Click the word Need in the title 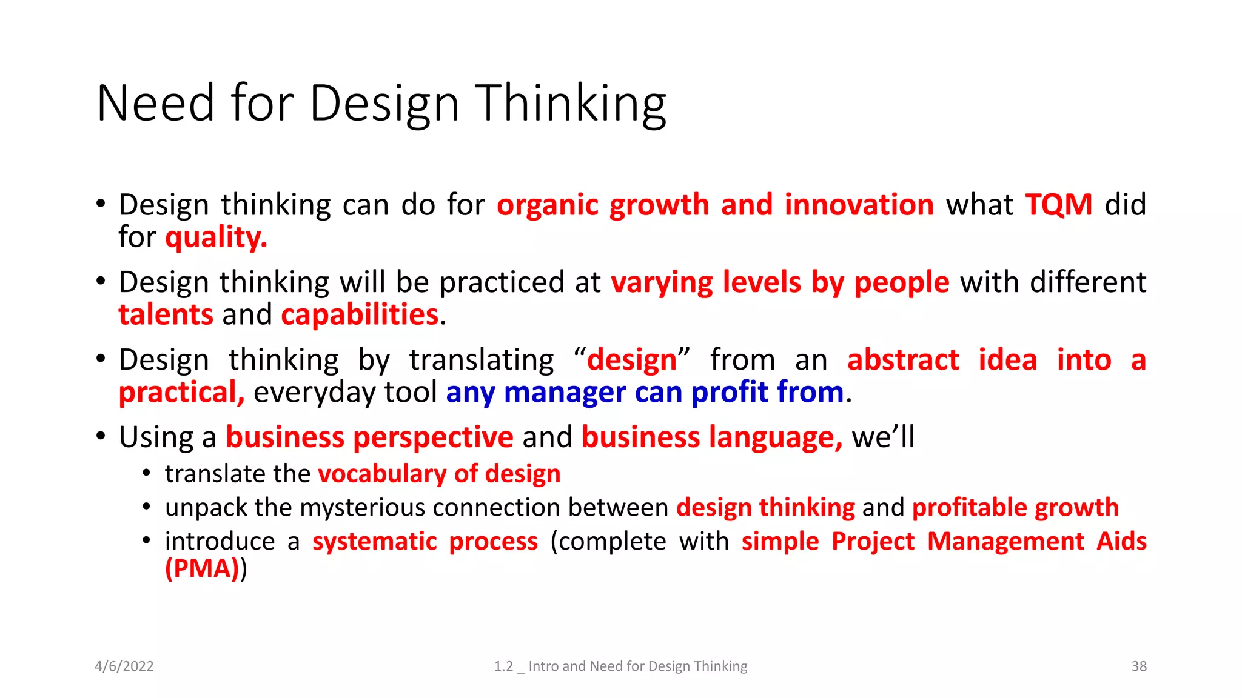(x=155, y=103)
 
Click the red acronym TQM (x=1058, y=205)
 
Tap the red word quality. (x=216, y=237)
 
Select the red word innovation (x=859, y=205)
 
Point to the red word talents (x=166, y=314)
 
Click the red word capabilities (x=360, y=314)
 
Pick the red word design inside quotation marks (x=631, y=360)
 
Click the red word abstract (x=902, y=360)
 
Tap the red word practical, (x=181, y=392)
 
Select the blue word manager (x=564, y=392)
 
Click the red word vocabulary (x=381, y=474)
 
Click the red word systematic (x=374, y=541)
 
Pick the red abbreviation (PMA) (x=202, y=568)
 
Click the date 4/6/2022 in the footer (x=124, y=666)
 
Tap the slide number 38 (x=1138, y=666)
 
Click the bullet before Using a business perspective (x=101, y=436)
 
